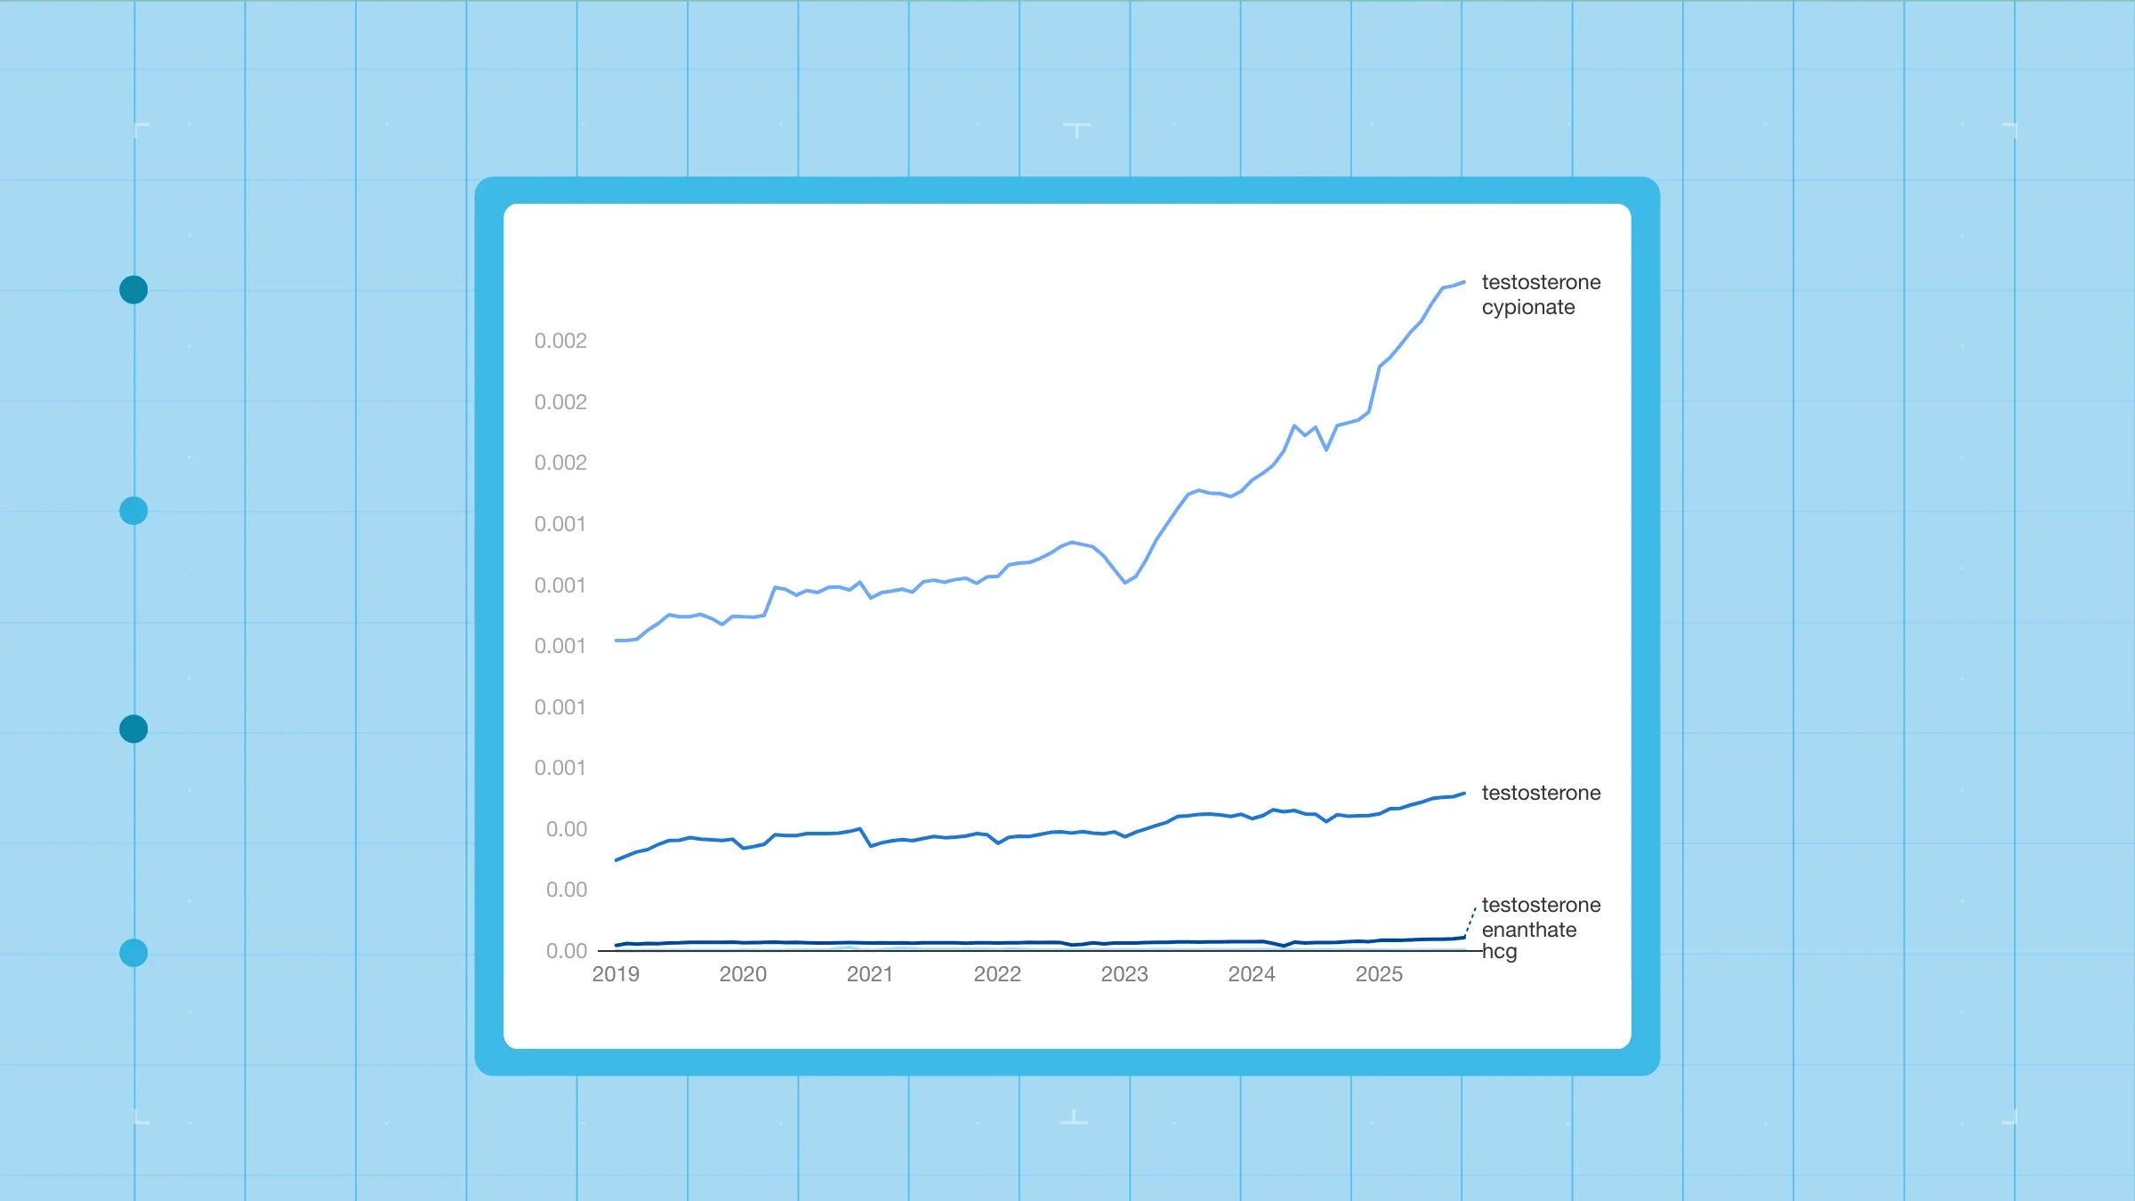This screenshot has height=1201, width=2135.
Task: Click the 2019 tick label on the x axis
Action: coord(616,974)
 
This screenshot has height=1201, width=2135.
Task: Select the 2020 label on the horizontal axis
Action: coord(743,974)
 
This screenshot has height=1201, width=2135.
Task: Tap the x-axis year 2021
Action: coord(870,974)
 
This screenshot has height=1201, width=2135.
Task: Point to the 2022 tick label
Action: coord(997,974)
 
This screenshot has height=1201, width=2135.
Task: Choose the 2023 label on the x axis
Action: coord(1124,974)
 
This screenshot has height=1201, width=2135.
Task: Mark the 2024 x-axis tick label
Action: coord(1252,974)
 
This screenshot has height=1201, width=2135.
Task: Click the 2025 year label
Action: coord(1379,974)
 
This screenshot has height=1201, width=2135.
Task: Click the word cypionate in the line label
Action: coord(1528,308)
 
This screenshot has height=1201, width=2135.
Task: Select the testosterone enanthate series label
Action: coord(1541,917)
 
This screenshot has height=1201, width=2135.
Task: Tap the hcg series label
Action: coord(1500,952)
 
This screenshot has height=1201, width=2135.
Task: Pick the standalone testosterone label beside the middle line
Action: coord(1541,793)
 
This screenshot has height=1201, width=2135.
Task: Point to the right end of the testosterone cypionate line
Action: coord(1464,283)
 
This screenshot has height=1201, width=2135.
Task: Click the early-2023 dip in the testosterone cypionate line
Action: coord(1125,583)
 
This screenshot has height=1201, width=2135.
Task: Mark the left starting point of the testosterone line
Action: coord(616,860)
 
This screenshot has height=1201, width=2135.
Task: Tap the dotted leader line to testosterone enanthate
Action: coord(1470,921)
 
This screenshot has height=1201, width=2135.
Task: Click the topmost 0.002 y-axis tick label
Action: coord(560,341)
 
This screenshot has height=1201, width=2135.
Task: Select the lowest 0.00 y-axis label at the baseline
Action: coord(567,951)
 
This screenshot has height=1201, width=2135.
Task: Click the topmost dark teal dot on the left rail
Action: coord(133,290)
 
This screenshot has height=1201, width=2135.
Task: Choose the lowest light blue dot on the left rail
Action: coord(133,953)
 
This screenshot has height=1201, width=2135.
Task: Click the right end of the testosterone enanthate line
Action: coord(1464,937)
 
